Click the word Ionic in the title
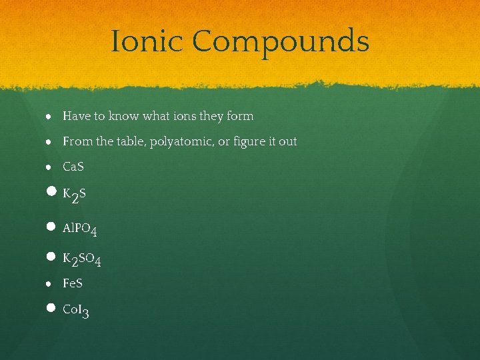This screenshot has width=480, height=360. pos(147,41)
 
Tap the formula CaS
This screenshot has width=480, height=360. pos(73,166)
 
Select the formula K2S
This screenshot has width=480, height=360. pos(74,195)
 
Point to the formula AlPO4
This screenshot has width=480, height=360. pos(80,229)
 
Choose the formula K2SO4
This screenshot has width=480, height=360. pos(82,259)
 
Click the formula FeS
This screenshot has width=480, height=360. pos(73,283)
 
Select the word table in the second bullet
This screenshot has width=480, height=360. pos(132,141)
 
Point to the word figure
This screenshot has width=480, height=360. pos(243,141)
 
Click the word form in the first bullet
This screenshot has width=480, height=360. pos(240,116)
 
